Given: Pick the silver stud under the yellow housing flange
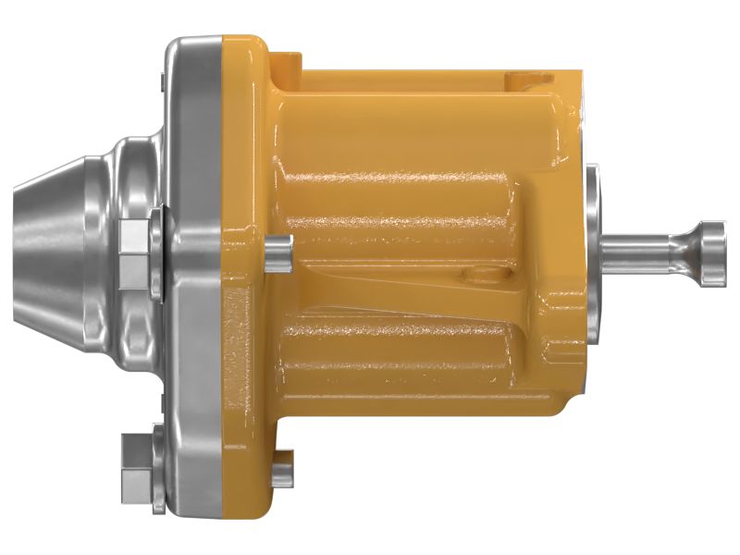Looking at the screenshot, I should pos(282,468).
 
